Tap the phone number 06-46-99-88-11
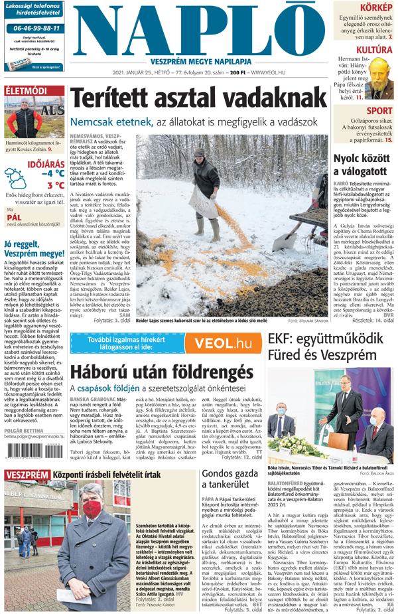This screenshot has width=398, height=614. [x=36, y=29]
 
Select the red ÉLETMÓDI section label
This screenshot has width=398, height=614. [x=26, y=90]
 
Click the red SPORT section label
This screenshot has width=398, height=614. [x=379, y=110]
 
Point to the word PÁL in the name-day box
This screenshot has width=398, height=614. [x=15, y=216]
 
